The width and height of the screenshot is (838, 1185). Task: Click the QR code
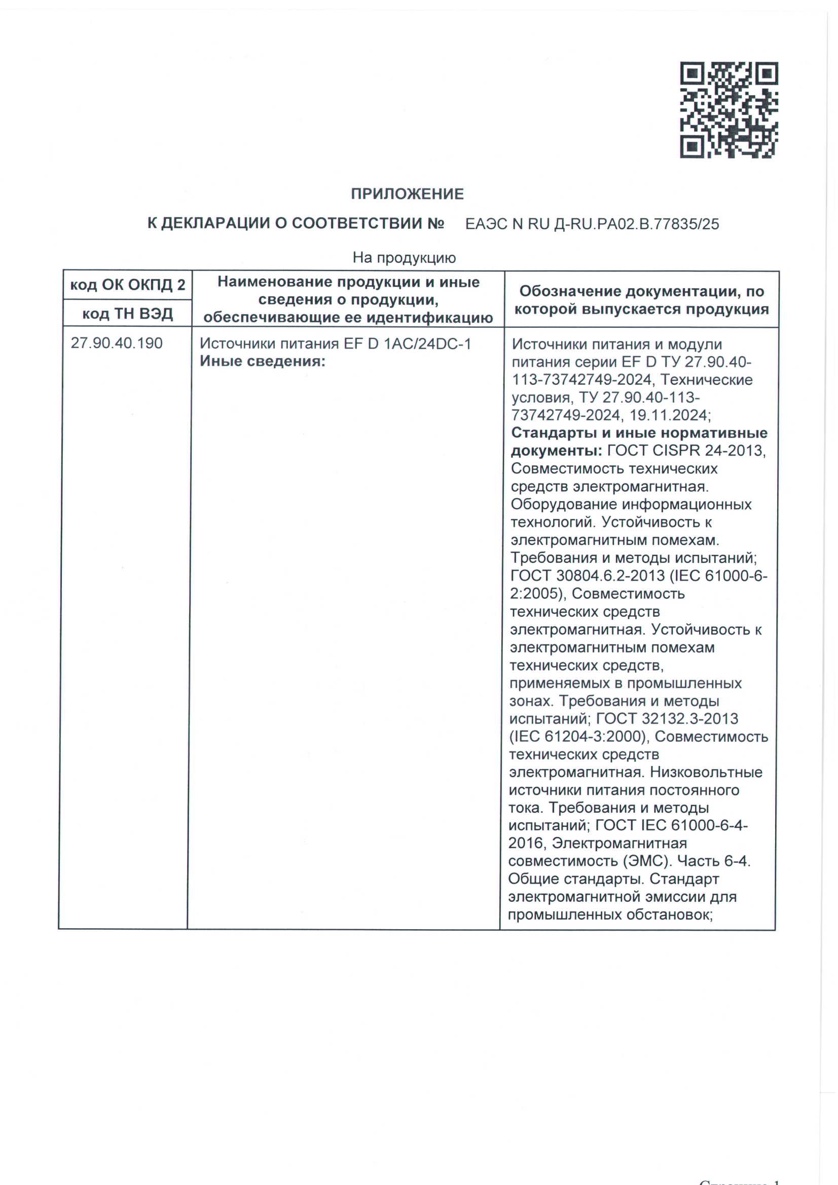pos(728,110)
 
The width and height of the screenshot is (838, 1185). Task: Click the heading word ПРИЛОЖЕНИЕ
pos(408,194)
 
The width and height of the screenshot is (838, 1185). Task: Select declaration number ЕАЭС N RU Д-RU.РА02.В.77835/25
pos(592,224)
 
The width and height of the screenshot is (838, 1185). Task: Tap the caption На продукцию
pos(404,257)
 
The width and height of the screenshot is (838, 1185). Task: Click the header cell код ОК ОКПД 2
pos(128,285)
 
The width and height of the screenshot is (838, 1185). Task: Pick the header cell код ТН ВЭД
pos(128,313)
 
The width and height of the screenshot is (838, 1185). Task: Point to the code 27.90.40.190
pos(117,343)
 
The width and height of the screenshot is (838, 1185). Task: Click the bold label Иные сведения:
pos(263,361)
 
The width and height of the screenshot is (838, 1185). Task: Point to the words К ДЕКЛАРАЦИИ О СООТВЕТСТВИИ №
pos(296,224)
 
